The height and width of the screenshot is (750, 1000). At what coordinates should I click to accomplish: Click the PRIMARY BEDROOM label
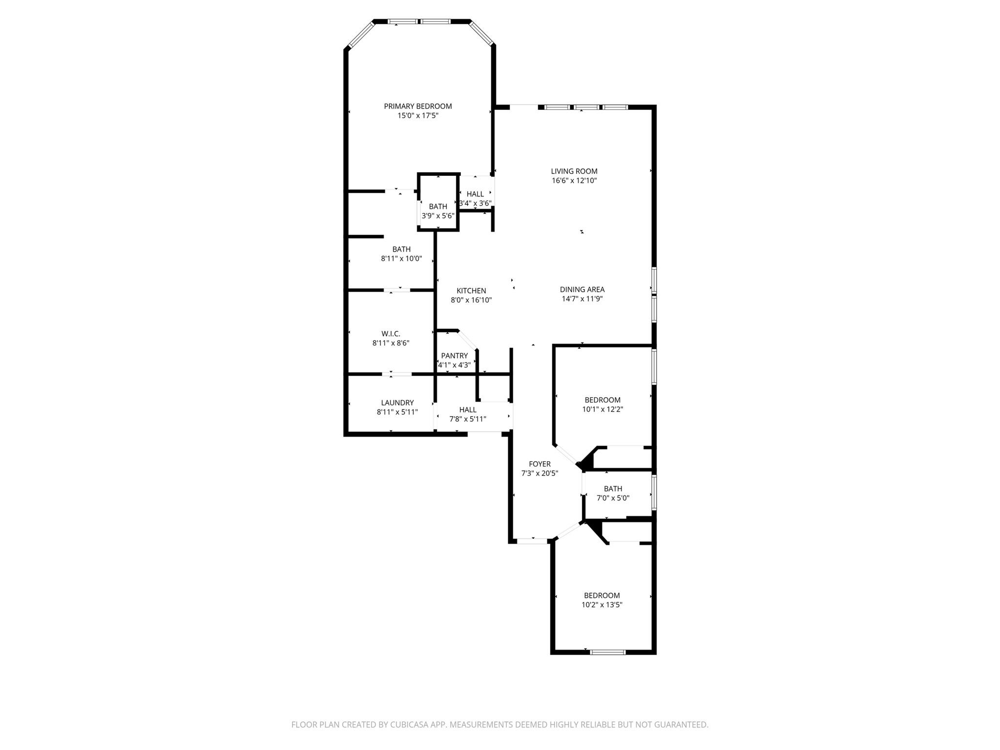pyautogui.click(x=417, y=106)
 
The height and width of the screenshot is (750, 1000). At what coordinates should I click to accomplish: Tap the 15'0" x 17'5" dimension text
pyautogui.click(x=417, y=116)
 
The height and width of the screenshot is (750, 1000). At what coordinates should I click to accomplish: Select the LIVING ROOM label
pyautogui.click(x=574, y=171)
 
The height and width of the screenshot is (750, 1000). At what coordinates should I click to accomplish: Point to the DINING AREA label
pyautogui.click(x=582, y=289)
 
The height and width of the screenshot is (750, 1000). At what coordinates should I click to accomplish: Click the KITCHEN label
pyautogui.click(x=471, y=291)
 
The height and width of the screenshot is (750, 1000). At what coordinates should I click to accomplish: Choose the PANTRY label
pyautogui.click(x=454, y=356)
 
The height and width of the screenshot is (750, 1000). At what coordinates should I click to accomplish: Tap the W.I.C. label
pyautogui.click(x=391, y=334)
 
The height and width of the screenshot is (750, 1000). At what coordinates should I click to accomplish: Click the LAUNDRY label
pyautogui.click(x=397, y=403)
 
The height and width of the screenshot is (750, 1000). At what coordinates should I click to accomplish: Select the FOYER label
pyautogui.click(x=540, y=464)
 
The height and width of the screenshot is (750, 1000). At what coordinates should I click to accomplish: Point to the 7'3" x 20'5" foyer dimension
pyautogui.click(x=540, y=473)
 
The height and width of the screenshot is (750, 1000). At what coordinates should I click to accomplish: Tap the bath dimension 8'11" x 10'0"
pyautogui.click(x=401, y=258)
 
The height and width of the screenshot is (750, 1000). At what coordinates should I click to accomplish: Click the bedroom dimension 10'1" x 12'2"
pyautogui.click(x=603, y=409)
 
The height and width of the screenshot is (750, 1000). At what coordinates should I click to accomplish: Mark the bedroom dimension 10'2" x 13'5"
pyautogui.click(x=602, y=604)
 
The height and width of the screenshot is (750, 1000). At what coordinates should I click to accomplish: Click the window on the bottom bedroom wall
pyautogui.click(x=607, y=652)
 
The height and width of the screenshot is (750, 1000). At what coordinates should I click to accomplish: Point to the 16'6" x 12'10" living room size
pyautogui.click(x=574, y=180)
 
